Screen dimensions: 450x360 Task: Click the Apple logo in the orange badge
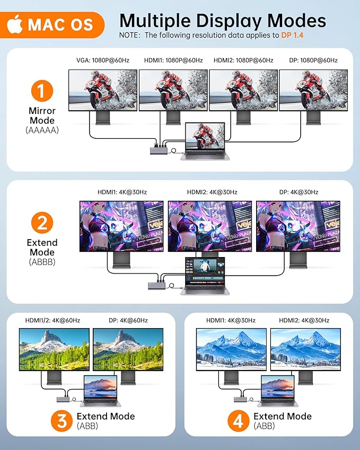(x=15, y=23)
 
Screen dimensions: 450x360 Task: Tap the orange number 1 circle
(x=42, y=90)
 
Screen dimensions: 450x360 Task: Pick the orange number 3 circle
(x=62, y=421)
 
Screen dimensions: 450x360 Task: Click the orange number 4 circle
(x=239, y=421)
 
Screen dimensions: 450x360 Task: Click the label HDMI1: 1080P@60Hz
(x=173, y=60)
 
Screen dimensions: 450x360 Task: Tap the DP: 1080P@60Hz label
(x=312, y=60)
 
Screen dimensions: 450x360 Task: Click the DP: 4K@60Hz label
(x=122, y=321)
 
